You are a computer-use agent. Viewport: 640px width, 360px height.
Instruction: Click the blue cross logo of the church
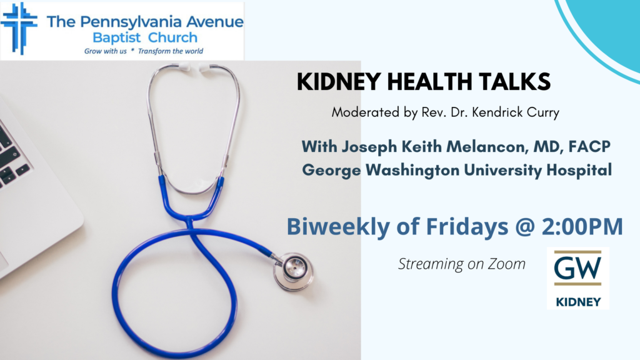19,29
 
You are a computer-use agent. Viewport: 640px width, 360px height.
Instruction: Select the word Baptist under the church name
117,38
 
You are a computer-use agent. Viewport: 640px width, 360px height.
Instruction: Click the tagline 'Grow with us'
105,51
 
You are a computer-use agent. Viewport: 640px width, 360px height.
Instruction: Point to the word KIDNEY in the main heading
339,82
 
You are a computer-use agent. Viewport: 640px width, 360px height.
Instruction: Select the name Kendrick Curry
516,112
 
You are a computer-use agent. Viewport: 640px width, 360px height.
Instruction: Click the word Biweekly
338,227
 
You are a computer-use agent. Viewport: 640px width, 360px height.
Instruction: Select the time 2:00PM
582,226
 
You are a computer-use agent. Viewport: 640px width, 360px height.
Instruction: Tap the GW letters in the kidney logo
577,267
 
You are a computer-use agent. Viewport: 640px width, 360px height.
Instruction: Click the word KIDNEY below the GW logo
578,302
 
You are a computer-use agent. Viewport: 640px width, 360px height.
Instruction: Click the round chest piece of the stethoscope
294,271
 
